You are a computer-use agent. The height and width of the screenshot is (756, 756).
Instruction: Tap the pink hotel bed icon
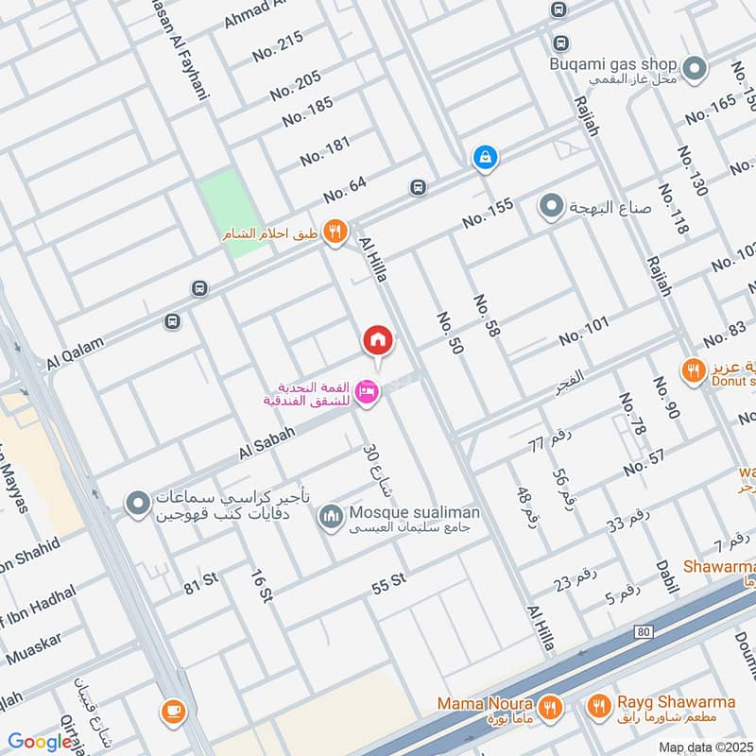click(x=369, y=390)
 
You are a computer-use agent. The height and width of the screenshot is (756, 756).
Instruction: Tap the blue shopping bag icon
click(x=484, y=158)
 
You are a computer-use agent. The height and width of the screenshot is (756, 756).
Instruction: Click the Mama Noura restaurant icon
click(x=549, y=705)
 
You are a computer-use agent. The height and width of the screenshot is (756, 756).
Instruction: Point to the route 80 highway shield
click(x=644, y=629)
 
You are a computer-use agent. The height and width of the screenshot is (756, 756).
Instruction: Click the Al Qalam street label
click(x=74, y=354)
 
